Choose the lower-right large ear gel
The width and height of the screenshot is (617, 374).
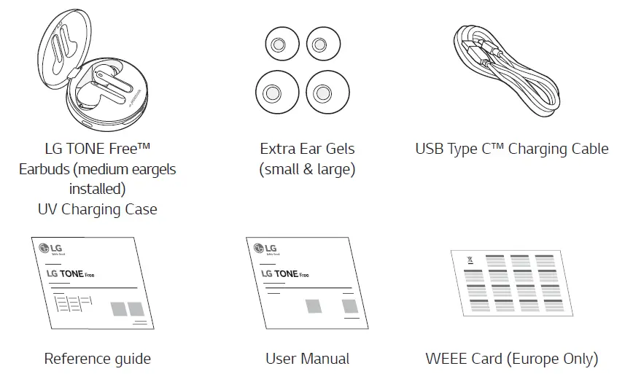[x=322, y=93]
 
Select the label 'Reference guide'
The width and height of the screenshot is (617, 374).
[x=97, y=359]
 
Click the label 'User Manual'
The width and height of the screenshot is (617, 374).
[x=307, y=359]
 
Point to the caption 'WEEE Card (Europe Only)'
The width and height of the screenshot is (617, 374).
[x=512, y=359]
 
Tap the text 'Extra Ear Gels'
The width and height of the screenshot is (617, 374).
[x=307, y=149]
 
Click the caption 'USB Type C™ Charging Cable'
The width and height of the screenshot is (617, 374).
[x=511, y=149]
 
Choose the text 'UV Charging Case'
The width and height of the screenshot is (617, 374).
[x=97, y=209]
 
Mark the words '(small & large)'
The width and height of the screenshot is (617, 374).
[x=307, y=169]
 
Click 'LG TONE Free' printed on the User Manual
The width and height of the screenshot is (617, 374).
[x=285, y=274]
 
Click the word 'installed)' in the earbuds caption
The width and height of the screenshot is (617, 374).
[x=97, y=189]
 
